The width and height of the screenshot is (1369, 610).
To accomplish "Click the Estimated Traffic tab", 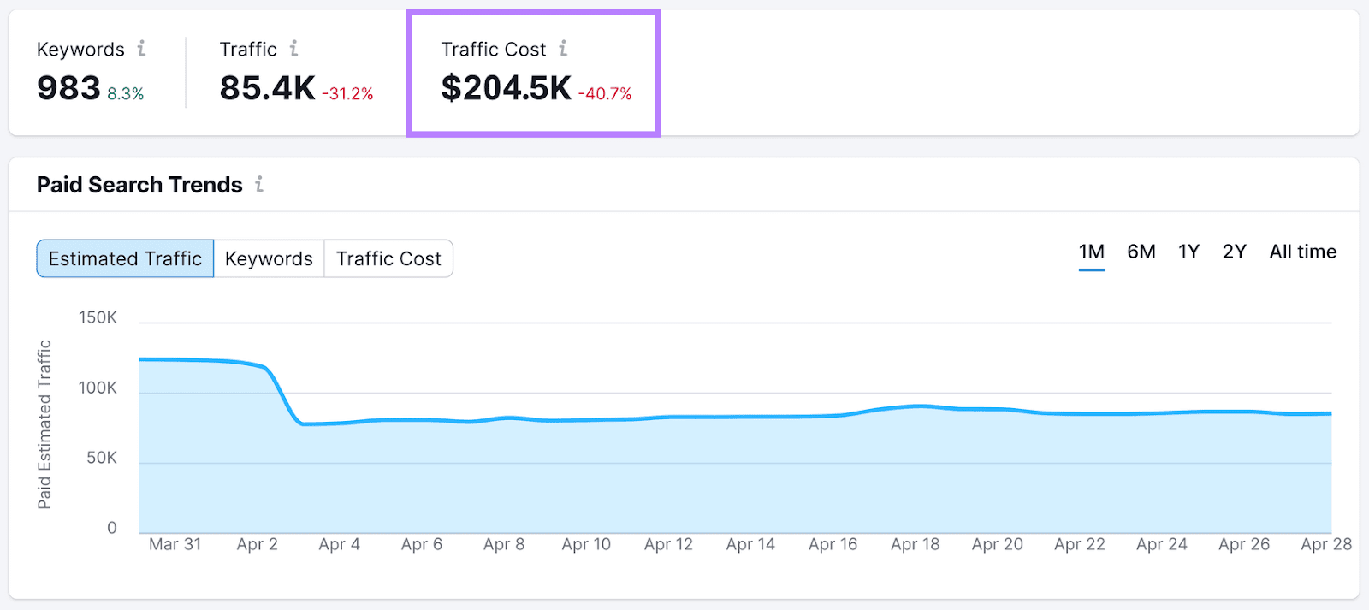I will [125, 258].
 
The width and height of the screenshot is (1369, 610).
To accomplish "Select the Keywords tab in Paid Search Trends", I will [269, 258].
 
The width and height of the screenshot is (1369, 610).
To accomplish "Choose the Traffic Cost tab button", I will [388, 258].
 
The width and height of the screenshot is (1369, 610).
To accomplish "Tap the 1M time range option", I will [1091, 252].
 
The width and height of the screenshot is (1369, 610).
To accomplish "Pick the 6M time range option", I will [1141, 252].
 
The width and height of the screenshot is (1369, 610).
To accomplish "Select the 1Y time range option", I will [1188, 252].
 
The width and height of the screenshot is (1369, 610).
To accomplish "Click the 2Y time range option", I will [1234, 252].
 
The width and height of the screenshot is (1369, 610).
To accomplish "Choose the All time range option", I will [1302, 252].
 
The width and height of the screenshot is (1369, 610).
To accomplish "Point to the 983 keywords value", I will [68, 88].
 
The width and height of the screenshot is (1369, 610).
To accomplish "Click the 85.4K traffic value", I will [267, 88].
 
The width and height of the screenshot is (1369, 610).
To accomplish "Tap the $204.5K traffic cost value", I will [506, 88].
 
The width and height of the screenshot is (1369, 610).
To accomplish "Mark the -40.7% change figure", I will [605, 94].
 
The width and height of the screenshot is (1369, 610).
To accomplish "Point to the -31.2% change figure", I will [347, 94].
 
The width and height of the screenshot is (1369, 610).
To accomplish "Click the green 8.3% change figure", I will [126, 94].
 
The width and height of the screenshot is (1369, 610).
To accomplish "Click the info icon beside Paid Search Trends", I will [259, 184].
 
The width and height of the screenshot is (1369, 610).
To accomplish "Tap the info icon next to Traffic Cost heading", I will [563, 49].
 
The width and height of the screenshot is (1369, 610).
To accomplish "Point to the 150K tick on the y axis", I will [98, 317].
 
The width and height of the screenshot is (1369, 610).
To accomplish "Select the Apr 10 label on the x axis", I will [586, 544].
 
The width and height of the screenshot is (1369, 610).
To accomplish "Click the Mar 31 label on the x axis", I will [175, 544].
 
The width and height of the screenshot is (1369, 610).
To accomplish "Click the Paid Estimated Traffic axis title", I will [44, 424].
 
